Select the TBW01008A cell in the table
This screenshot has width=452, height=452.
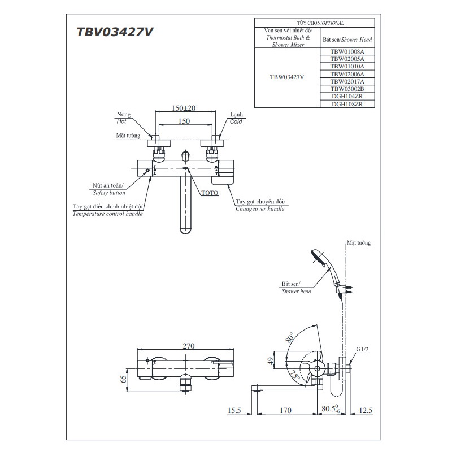coord(347,51)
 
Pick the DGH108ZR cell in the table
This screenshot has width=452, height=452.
coord(347,104)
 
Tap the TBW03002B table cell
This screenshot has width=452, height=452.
coord(347,89)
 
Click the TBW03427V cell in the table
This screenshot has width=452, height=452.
coord(286,77)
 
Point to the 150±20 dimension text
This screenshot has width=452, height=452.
coord(183,108)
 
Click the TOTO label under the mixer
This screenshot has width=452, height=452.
coord(209,193)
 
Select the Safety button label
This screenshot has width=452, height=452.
coord(107,193)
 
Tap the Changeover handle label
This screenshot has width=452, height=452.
coord(260,209)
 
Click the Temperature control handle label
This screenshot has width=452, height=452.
coord(107,214)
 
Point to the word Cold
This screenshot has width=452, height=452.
coord(236,121)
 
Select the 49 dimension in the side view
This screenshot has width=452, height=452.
coord(271,360)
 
